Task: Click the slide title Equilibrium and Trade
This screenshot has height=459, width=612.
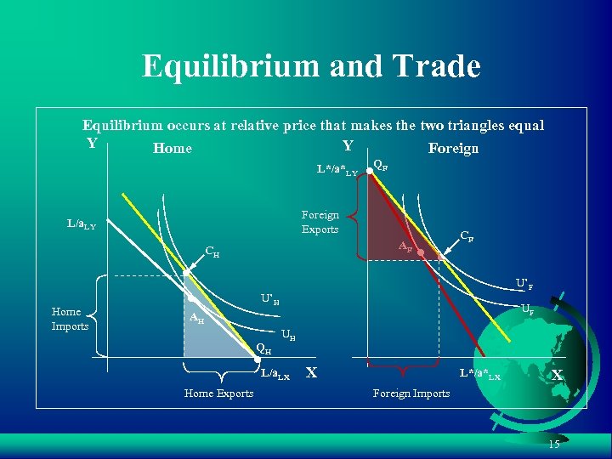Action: (311, 65)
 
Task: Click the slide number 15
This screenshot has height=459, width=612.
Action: (554, 445)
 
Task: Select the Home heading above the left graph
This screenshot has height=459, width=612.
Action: (173, 149)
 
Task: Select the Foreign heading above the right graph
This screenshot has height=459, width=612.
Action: (453, 149)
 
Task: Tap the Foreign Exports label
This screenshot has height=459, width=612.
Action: (320, 223)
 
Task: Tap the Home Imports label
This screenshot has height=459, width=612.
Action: (70, 319)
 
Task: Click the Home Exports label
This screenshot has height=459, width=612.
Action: (218, 393)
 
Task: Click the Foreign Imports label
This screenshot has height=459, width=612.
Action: (411, 393)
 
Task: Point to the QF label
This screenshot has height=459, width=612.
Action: (382, 166)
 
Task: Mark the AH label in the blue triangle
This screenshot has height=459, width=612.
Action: (195, 319)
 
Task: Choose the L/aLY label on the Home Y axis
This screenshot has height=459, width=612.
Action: (82, 224)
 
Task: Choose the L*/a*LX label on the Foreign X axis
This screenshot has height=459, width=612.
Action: (480, 374)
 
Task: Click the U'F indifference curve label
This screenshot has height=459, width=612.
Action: (525, 282)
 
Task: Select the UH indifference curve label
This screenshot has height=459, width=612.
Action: (288, 337)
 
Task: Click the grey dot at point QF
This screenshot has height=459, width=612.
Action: (369, 171)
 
